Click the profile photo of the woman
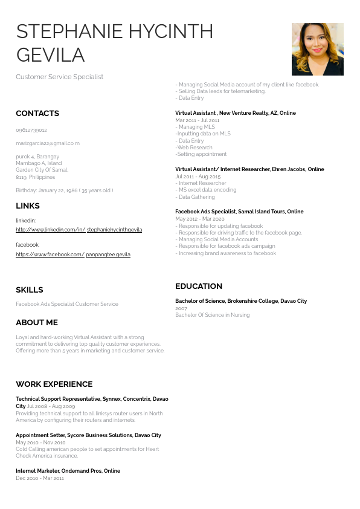317,49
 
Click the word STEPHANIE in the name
71,31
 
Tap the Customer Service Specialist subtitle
59,77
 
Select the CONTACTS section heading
37,114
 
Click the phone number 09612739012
31,130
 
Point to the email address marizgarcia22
48,143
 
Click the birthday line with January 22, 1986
64,190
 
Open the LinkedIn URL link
79,230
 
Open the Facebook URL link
72,254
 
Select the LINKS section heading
28,206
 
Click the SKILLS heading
30,290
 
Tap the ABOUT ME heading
37,322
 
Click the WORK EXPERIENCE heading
54,384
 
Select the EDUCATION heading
199,286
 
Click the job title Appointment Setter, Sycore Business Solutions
88,435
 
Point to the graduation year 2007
181,308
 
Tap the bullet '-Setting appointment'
201,154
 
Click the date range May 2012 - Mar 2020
199,219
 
